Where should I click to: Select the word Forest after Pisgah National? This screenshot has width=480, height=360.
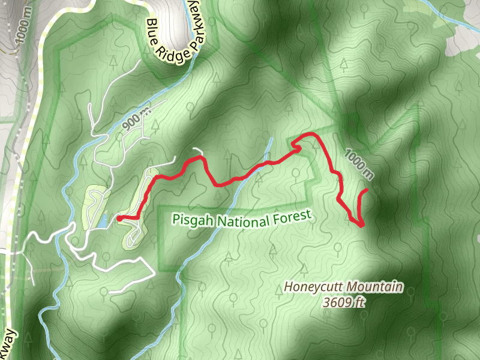coord(292,216)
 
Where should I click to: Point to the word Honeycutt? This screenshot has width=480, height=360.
coord(311,287)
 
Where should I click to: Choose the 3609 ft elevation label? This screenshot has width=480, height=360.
coord(343,302)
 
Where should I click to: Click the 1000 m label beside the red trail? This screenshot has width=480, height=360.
coord(359,163)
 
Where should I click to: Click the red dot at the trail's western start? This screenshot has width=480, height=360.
coord(119,218)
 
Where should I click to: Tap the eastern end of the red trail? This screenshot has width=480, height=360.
coord(367,190)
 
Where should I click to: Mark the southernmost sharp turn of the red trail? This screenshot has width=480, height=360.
coord(362,226)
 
